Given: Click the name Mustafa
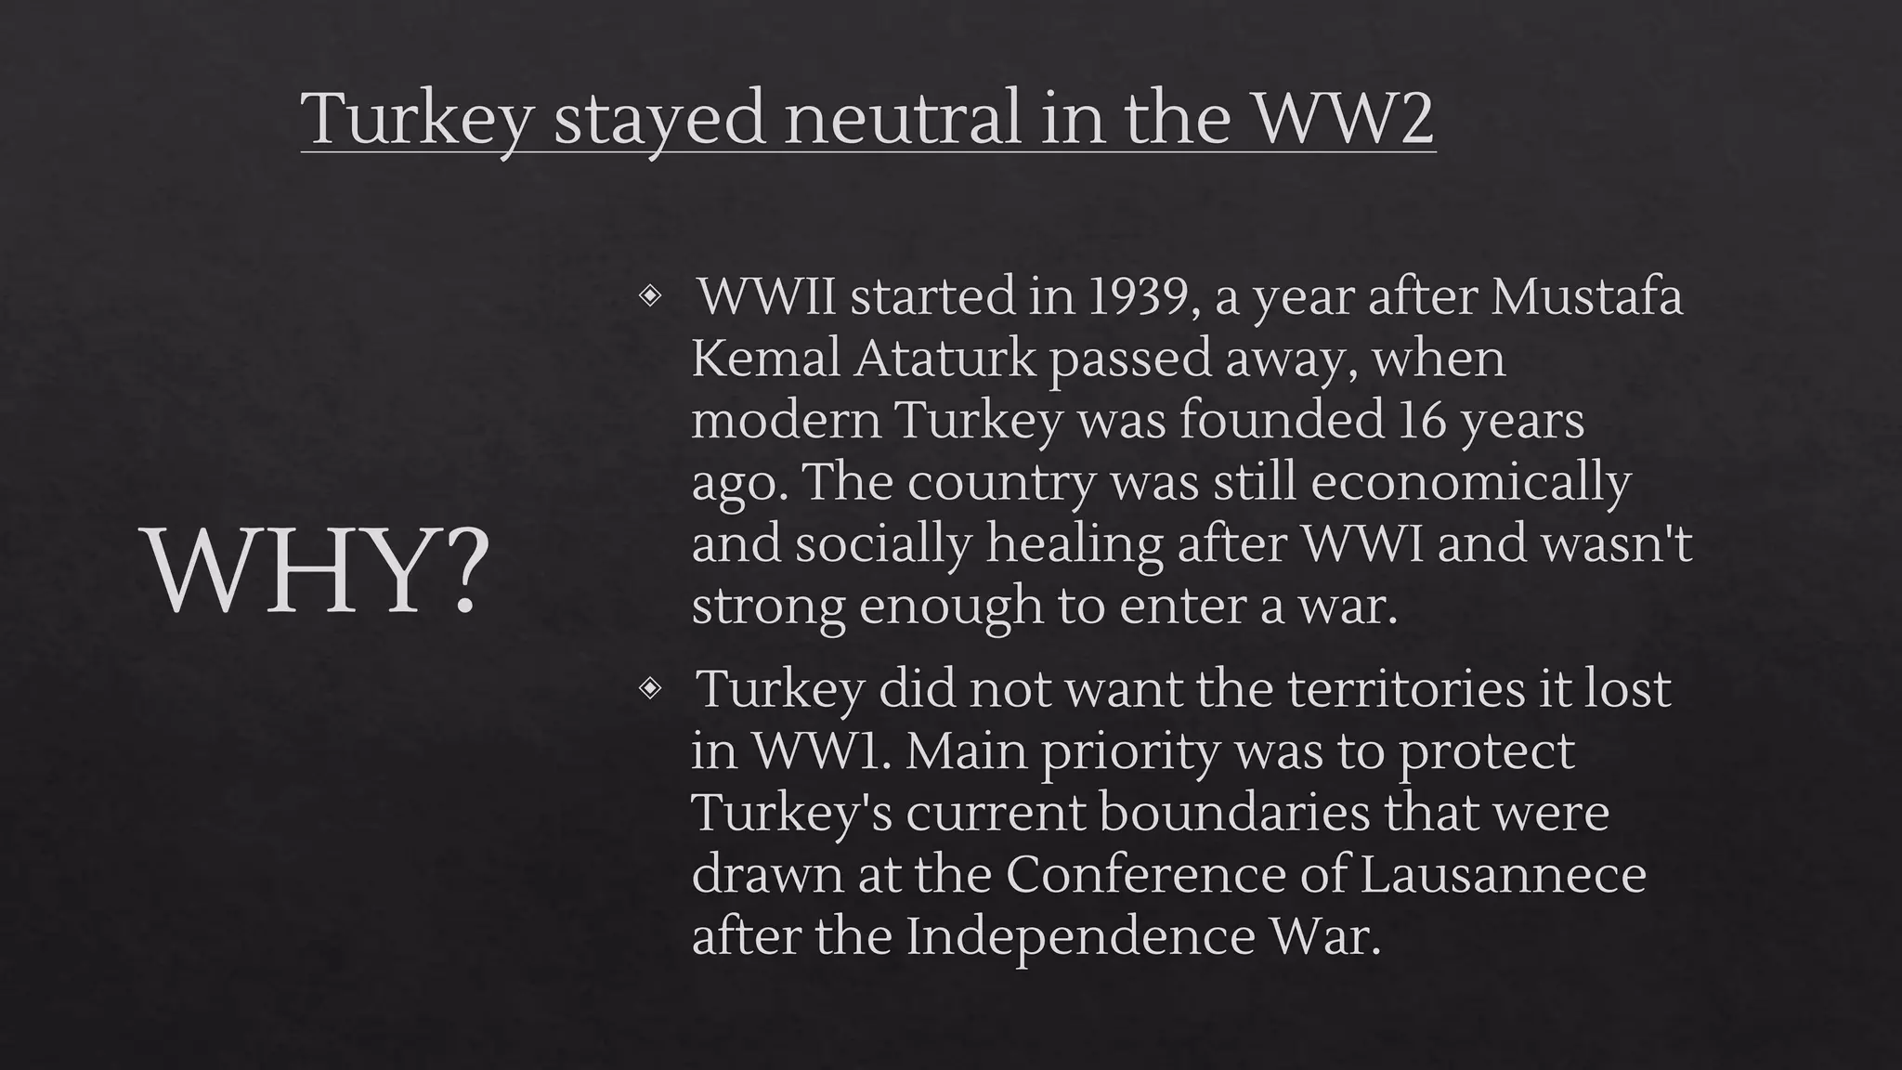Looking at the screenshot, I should [1587, 297].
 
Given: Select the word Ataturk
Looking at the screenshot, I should [944, 359].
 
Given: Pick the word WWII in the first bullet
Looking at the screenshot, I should [767, 297].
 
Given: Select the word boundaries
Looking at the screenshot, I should [1234, 813].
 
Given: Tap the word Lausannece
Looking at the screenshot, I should [1503, 874].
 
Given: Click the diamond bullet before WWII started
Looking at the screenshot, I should [650, 296].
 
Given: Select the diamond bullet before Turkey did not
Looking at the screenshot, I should [650, 688].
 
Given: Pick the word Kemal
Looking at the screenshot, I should [765, 359].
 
